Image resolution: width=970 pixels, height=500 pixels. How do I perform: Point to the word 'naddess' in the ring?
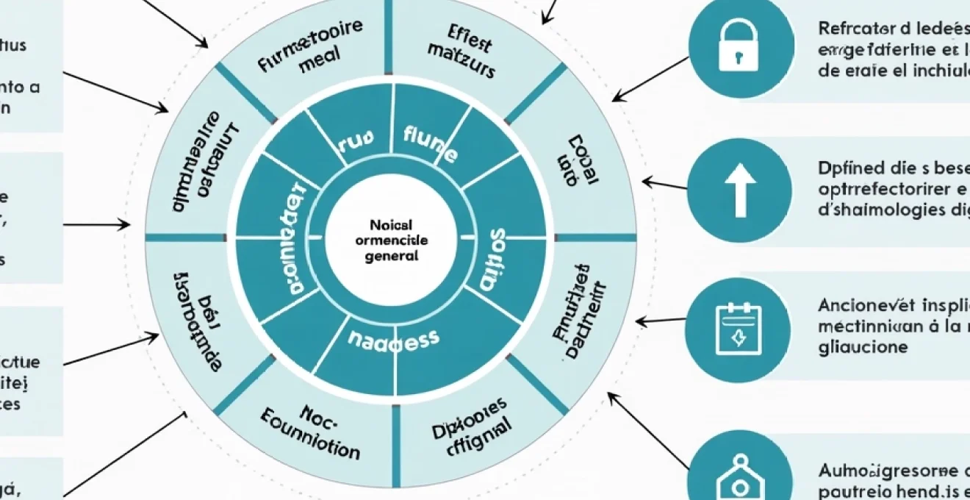(393, 339)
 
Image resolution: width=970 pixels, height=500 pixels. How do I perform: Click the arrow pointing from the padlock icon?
(650, 79)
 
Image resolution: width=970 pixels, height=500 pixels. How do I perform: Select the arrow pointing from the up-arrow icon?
(664, 183)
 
